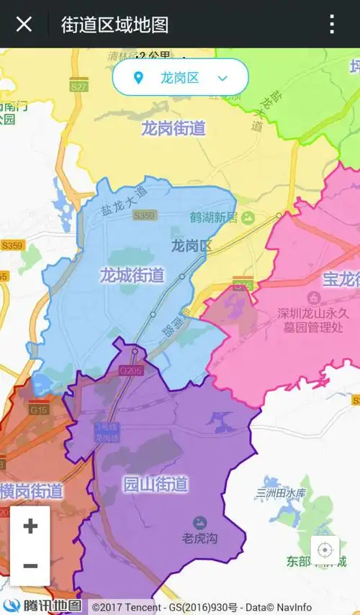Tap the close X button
[24, 24]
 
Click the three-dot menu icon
[331, 24]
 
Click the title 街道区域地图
[114, 24]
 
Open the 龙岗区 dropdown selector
[181, 78]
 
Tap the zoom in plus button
[30, 526]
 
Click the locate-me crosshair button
[325, 551]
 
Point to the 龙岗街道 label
[173, 129]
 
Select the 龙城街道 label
[132, 275]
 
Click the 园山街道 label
[156, 483]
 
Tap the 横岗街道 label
[32, 491]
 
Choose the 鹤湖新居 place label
[214, 217]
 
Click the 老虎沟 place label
[199, 537]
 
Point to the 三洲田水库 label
[281, 493]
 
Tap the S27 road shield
[79, 86]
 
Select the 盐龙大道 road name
[123, 201]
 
